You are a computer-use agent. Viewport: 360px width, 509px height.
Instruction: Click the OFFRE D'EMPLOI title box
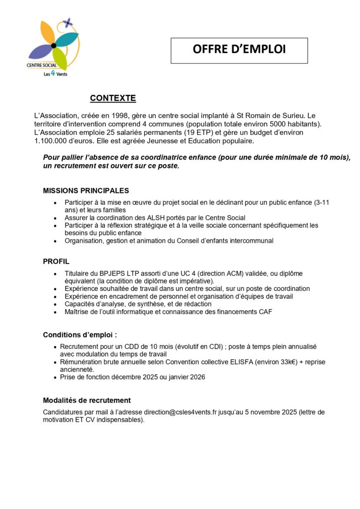coord(239,50)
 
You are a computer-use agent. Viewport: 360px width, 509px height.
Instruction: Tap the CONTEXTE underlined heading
coord(113,98)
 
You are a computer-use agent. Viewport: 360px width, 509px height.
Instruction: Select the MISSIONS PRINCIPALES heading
coord(86,190)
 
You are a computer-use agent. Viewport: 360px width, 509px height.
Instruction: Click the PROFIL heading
coord(56,261)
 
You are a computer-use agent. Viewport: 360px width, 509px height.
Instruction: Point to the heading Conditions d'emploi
coord(80,335)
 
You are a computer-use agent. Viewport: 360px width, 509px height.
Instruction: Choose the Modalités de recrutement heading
coord(87,400)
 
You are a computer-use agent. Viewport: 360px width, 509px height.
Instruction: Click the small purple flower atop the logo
coord(68,22)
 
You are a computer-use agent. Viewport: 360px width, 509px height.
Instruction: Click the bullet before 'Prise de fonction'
coord(55,377)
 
